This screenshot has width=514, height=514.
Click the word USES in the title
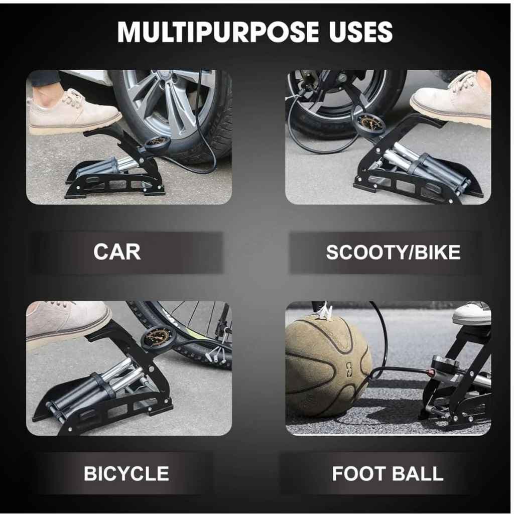(361, 32)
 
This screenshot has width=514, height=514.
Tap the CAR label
(117, 252)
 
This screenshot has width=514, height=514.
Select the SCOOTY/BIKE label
(393, 252)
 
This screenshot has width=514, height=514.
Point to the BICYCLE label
(126, 473)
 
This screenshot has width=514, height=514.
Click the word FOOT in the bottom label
(358, 474)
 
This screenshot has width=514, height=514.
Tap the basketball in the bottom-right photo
(328, 366)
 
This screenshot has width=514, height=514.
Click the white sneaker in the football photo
(472, 314)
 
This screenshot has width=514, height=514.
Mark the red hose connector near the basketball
(429, 372)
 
